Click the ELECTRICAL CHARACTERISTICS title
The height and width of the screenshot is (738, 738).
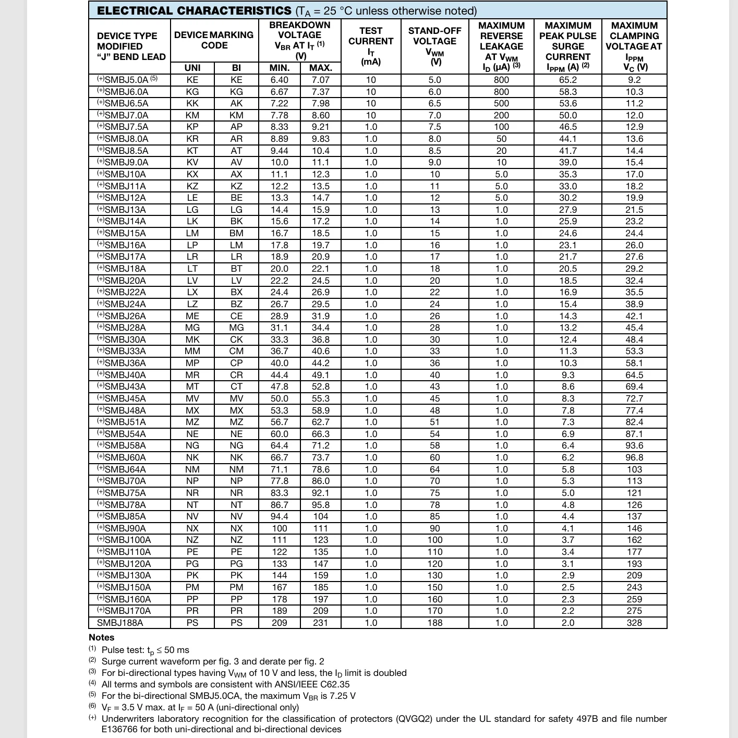pyautogui.click(x=194, y=11)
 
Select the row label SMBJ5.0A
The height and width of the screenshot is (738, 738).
pyautogui.click(x=126, y=80)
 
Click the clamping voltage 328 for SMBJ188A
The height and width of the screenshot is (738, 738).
pyautogui.click(x=634, y=623)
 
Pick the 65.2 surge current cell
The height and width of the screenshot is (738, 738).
pyautogui.click(x=568, y=80)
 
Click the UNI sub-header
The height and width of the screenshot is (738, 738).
pyautogui.click(x=192, y=68)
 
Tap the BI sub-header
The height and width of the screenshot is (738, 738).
pyautogui.click(x=236, y=68)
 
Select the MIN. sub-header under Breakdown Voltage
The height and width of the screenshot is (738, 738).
pyautogui.click(x=280, y=68)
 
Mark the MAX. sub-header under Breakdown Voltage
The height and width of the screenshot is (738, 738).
pyautogui.click(x=321, y=68)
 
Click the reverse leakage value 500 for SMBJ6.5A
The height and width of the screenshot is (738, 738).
pyautogui.click(x=501, y=103)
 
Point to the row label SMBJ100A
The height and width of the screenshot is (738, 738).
pyautogui.click(x=127, y=540)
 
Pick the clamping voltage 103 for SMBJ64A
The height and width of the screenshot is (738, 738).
pyautogui.click(x=634, y=469)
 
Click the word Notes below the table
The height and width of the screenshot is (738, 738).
pyautogui.click(x=101, y=637)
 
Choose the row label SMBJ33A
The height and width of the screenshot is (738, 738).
pyautogui.click(x=125, y=351)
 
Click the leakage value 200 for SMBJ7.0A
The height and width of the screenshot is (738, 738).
pyautogui.click(x=501, y=115)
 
